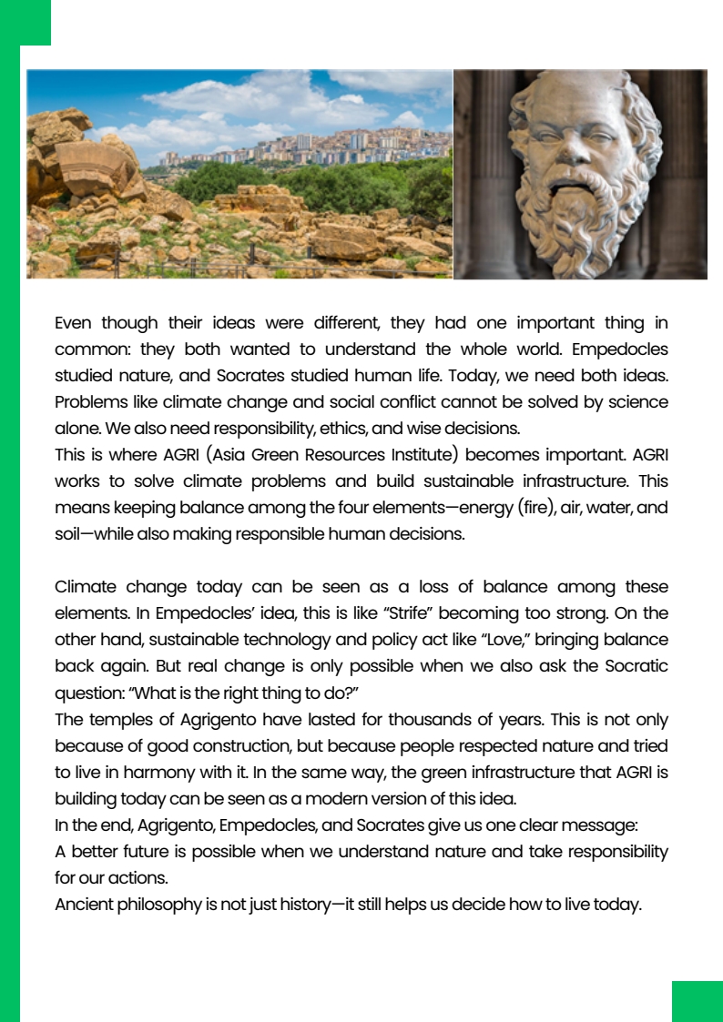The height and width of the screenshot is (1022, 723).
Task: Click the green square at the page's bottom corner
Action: pos(697,1001)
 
